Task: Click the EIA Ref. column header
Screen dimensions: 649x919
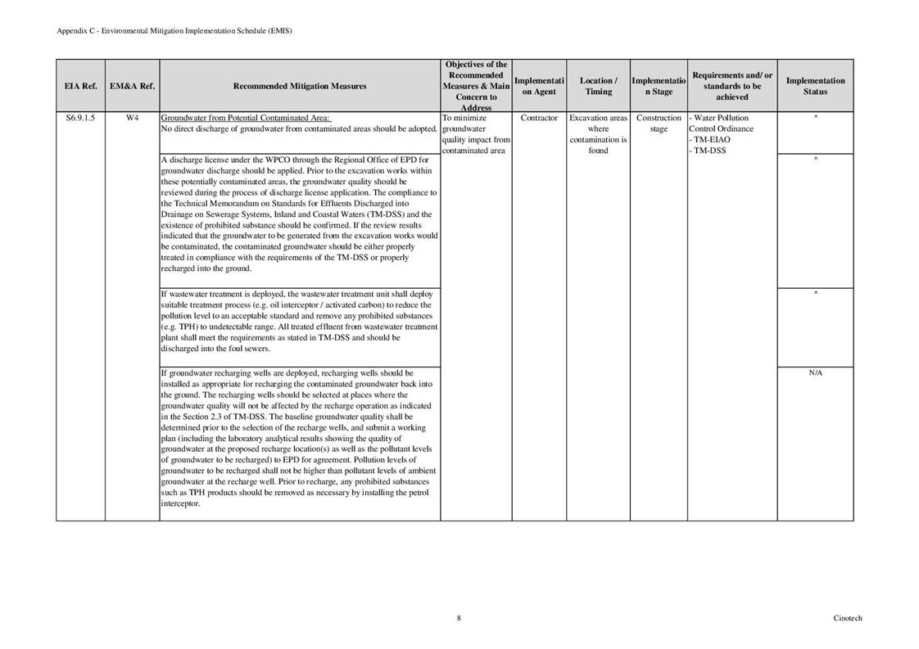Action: (80, 86)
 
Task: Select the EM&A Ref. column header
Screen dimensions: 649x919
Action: (132, 86)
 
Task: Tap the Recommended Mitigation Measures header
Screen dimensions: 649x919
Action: (300, 86)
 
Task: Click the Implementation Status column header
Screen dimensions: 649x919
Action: (815, 86)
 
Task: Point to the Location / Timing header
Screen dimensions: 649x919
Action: (599, 86)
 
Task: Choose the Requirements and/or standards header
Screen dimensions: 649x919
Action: (731, 86)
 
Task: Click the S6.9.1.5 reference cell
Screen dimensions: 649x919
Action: (80, 118)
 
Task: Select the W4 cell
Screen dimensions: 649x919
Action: (132, 118)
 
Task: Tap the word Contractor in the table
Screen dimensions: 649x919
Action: (539, 118)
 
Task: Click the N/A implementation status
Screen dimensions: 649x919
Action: (815, 372)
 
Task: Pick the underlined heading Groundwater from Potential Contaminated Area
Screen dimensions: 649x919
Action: (246, 118)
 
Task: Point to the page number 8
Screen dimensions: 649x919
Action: (459, 619)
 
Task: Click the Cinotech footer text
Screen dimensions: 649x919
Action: (848, 619)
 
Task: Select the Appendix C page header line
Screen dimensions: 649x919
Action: (174, 30)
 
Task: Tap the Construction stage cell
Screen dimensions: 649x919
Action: (659, 123)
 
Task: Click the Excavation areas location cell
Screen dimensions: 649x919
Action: (599, 134)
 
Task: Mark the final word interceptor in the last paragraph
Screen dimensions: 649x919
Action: (180, 504)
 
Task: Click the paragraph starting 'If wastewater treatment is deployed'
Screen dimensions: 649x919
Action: (300, 321)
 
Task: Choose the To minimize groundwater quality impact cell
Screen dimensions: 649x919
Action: (476, 134)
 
